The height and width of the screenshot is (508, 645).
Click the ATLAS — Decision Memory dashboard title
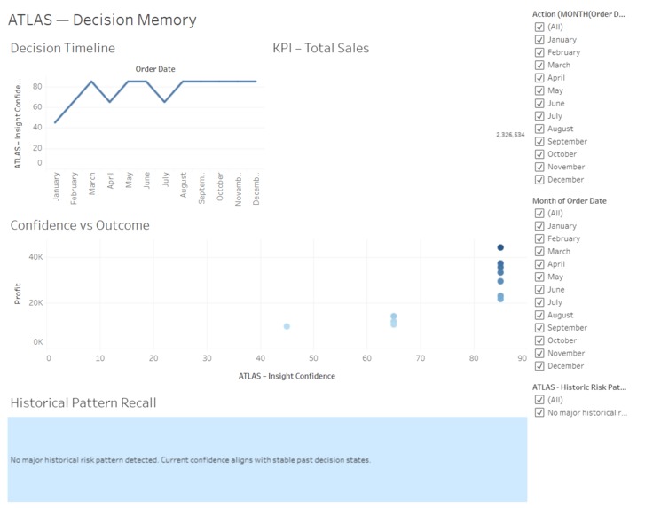pos(102,20)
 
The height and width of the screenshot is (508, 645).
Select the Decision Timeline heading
pos(62,48)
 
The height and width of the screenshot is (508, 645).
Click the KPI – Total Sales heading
pos(321,48)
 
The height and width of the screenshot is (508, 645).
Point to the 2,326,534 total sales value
pos(510,135)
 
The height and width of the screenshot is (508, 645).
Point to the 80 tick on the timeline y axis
pos(38,86)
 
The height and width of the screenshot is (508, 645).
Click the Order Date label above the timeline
pos(155,69)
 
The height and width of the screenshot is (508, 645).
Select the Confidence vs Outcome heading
pos(80,225)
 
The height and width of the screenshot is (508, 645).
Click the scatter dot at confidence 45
pos(287,326)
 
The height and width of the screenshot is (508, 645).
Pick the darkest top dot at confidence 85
pos(500,248)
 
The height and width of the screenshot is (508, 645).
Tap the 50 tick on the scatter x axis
pos(313,358)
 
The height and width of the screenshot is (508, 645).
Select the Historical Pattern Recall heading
pos(83,402)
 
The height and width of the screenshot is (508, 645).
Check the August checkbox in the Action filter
pos(539,129)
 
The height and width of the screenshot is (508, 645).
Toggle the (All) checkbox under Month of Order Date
pos(539,213)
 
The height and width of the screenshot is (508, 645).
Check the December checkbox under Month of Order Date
pos(539,365)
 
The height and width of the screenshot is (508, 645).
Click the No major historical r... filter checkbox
pos(539,412)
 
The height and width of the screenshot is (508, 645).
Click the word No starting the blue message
pos(15,460)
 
